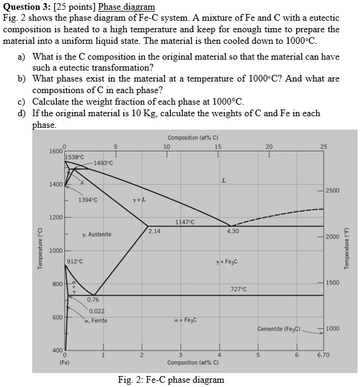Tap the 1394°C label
(x=88, y=200)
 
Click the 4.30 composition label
(x=232, y=231)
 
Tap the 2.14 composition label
(x=154, y=231)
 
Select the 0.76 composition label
(x=93, y=299)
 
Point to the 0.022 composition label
(x=96, y=311)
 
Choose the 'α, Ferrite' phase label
(x=96, y=320)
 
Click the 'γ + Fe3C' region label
(x=226, y=262)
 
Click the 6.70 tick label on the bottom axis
(x=324, y=355)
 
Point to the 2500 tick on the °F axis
(x=333, y=191)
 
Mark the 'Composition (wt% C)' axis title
(x=193, y=363)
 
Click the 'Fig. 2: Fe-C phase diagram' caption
(x=171, y=380)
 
